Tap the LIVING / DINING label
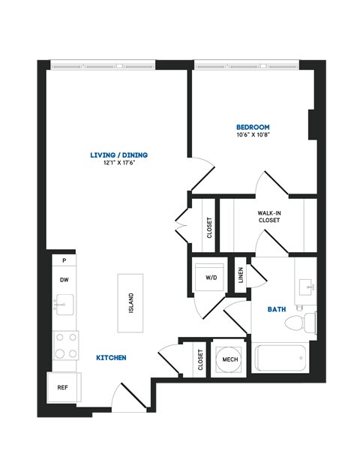point(118,155)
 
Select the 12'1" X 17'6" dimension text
point(118,164)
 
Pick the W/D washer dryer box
point(211,277)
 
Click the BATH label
point(277,309)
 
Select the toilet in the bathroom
point(303,324)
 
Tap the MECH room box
point(229,359)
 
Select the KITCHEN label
point(110,358)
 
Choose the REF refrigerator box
point(64,388)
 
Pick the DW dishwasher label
point(64,279)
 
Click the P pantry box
point(64,260)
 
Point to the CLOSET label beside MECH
point(200,359)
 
